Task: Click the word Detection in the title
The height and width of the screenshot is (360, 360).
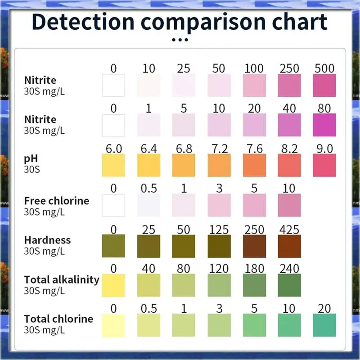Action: coord(83,22)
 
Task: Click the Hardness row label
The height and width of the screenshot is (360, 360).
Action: coord(47,240)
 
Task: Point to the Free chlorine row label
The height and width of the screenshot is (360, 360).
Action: coord(57,201)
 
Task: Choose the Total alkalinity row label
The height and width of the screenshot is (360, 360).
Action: coord(62,279)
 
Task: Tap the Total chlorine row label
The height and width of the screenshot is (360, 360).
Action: coord(58,319)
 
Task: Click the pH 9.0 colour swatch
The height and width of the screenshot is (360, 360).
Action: coord(324,165)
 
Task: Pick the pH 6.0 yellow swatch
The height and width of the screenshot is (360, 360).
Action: coord(113,165)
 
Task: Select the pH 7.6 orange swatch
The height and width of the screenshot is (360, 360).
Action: coord(254,165)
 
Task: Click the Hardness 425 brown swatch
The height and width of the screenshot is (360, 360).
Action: coord(289,246)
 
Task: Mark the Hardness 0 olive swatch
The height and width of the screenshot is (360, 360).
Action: coord(113,246)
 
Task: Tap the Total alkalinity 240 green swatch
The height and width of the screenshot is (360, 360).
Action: coord(289,285)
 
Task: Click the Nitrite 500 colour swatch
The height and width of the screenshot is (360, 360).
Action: coord(324,85)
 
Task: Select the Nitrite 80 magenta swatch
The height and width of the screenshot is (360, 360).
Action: coord(324,125)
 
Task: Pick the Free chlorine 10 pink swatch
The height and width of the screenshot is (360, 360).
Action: coord(289,206)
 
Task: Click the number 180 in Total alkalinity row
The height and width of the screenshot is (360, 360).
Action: coord(254,269)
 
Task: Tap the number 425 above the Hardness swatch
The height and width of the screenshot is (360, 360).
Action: coord(289,229)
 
